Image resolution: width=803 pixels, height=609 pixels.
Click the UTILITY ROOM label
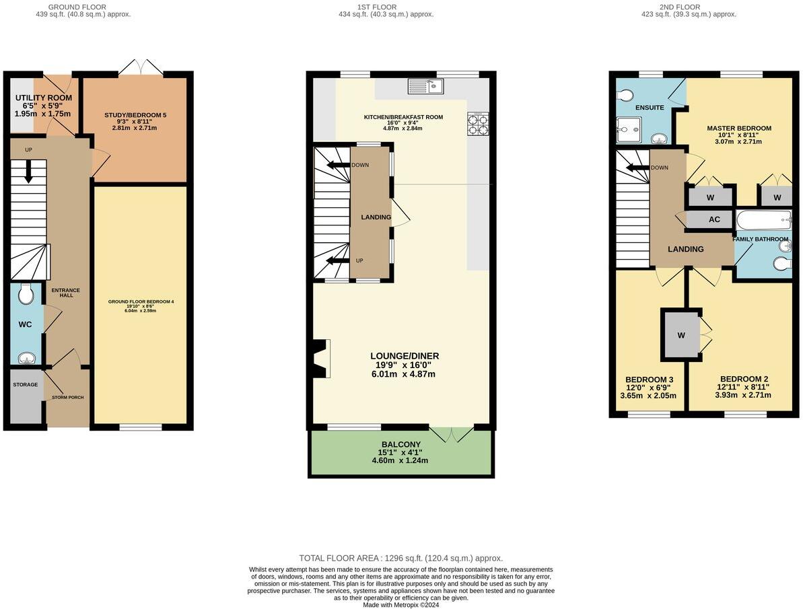(43, 98)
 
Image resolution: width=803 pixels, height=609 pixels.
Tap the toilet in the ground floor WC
(26, 294)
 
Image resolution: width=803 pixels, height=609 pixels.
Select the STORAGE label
(25, 385)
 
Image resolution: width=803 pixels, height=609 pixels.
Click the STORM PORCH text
(67, 398)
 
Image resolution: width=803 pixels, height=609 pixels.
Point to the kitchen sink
(425, 85)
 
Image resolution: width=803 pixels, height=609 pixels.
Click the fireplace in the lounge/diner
(321, 358)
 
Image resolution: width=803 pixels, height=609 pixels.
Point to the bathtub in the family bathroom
(763, 219)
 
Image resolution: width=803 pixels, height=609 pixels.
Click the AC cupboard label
(714, 219)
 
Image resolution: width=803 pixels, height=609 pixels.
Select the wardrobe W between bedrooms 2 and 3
(680, 334)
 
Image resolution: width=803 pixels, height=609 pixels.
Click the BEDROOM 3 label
(649, 380)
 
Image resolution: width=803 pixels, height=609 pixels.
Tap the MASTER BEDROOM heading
(738, 128)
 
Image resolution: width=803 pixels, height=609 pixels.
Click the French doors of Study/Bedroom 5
(141, 67)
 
